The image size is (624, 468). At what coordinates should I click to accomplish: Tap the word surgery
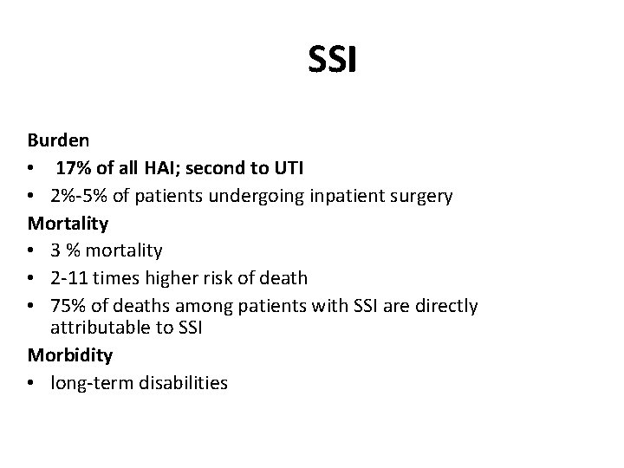[422, 197]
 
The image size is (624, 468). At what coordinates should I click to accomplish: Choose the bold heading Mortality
[68, 224]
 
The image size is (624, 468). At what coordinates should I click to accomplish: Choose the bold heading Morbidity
[69, 355]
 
